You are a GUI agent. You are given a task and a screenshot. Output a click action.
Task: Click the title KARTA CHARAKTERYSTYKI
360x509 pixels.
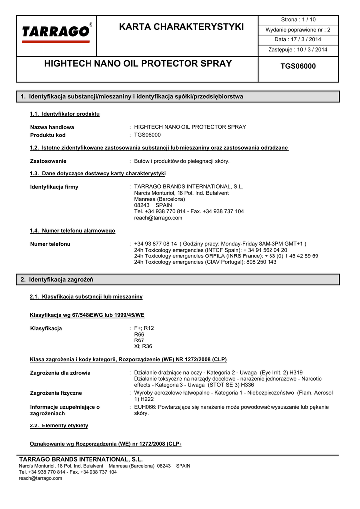point(181,27)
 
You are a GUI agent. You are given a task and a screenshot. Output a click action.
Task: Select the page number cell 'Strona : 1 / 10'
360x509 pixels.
point(298,19)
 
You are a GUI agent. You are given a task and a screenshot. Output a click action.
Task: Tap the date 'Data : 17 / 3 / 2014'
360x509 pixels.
point(298,39)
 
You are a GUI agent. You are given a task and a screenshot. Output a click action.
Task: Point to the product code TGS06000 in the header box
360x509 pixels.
point(298,66)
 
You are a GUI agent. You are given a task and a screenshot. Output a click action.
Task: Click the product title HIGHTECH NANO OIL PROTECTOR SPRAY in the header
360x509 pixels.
point(138,64)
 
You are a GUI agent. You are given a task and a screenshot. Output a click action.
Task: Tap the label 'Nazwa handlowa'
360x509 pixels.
point(52,127)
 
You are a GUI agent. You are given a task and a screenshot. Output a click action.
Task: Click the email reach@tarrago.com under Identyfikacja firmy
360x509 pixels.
point(158,218)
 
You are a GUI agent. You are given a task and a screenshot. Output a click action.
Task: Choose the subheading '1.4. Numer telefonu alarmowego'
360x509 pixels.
point(73,231)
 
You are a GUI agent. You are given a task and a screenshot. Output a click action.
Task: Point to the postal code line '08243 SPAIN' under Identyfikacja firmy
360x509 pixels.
point(153,205)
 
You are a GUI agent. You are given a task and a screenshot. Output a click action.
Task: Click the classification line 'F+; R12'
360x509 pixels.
point(144,328)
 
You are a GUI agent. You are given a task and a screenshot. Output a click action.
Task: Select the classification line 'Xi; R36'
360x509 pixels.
point(143,347)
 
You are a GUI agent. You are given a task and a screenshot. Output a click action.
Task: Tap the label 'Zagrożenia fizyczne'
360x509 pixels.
point(56,393)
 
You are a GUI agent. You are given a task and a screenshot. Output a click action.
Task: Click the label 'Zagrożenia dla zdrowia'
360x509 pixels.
point(60,373)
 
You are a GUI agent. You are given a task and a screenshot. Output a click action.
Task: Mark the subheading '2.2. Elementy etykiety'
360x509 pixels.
point(59,426)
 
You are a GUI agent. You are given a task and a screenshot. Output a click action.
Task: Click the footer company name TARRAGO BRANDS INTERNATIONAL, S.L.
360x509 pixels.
point(81,459)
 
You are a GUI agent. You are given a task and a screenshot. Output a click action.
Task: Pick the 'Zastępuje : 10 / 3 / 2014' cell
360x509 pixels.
point(298,49)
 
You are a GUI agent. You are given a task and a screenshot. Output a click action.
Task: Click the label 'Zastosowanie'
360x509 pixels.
point(48,161)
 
